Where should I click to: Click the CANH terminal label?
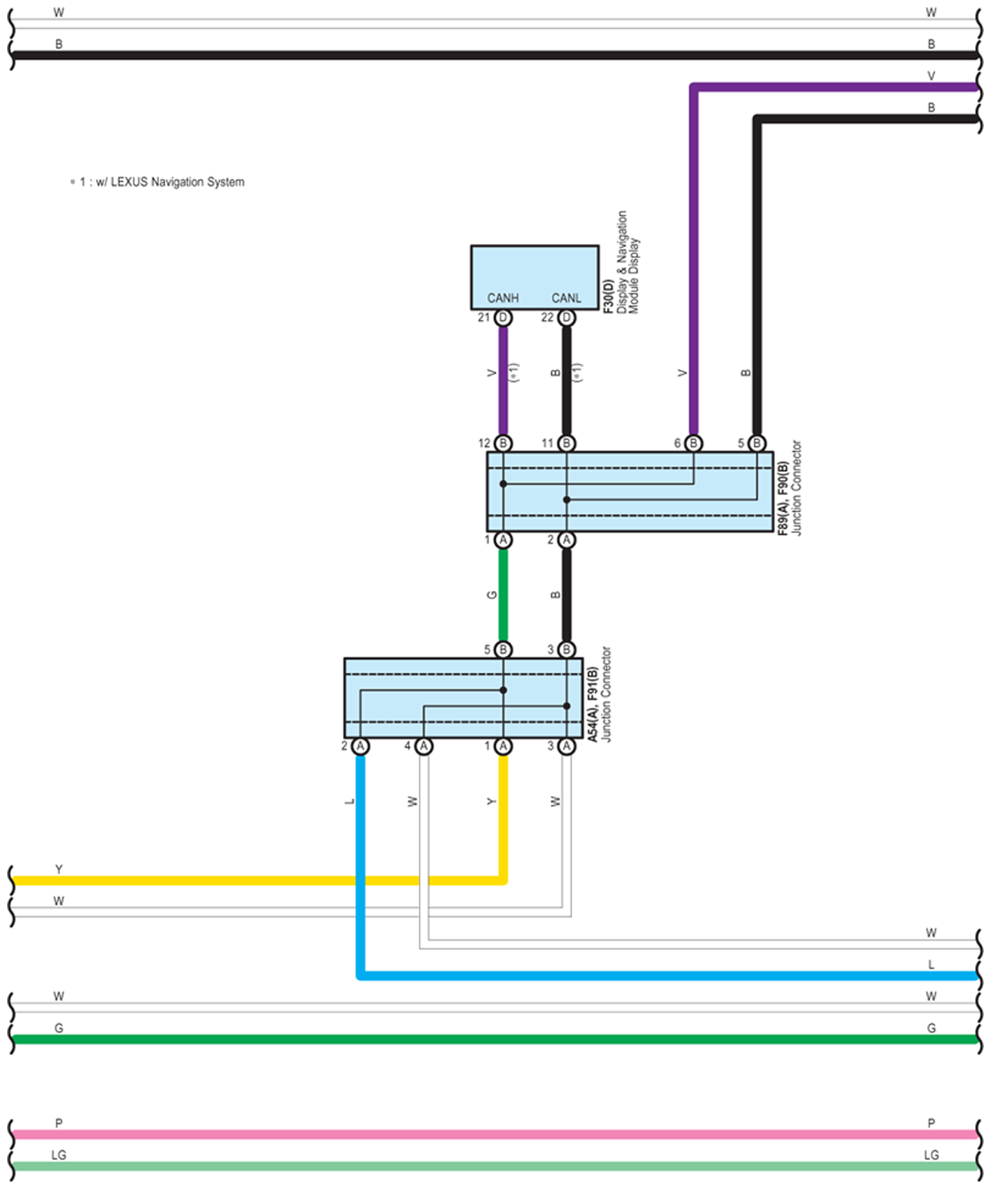point(502,297)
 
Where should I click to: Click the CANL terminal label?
point(566,297)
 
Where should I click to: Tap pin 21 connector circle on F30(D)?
point(503,317)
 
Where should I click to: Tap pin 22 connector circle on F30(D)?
point(566,317)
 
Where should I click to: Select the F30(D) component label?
point(609,297)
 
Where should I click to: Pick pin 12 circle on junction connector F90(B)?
point(503,443)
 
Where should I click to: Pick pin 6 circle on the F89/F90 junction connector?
point(693,443)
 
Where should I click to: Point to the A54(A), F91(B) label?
point(593,704)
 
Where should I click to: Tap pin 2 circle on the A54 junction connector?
point(361,746)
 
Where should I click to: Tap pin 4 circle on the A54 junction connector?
point(424,746)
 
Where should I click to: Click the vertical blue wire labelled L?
point(361,864)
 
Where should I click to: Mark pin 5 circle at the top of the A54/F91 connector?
point(503,649)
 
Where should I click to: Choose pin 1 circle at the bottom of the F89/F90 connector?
point(503,540)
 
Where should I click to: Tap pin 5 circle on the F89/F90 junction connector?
point(757,443)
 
